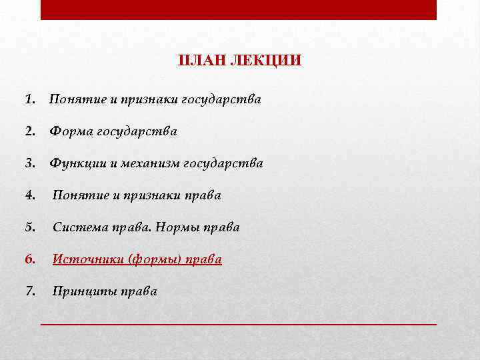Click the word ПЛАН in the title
click(x=201, y=61)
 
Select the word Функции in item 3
click(x=76, y=163)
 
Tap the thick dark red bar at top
click(x=239, y=9)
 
